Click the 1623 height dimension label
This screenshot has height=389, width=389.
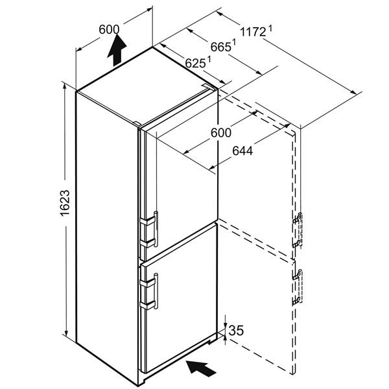(x=65, y=203)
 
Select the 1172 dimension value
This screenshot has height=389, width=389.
(x=253, y=32)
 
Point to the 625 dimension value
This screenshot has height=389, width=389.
(x=195, y=64)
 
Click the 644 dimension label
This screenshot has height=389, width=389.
(x=242, y=151)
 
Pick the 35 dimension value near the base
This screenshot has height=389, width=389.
(x=236, y=331)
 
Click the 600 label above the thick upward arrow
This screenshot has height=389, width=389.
(x=109, y=30)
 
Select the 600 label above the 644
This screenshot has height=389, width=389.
(x=221, y=133)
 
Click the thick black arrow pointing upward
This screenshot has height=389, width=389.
(x=117, y=50)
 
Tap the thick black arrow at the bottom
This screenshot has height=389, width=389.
(x=201, y=368)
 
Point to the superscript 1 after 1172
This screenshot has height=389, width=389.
(x=270, y=29)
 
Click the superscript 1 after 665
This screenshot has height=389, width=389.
(x=233, y=42)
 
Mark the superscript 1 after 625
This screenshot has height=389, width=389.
(x=209, y=59)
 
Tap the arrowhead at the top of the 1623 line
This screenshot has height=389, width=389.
(x=65, y=86)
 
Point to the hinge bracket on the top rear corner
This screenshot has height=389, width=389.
(x=209, y=86)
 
